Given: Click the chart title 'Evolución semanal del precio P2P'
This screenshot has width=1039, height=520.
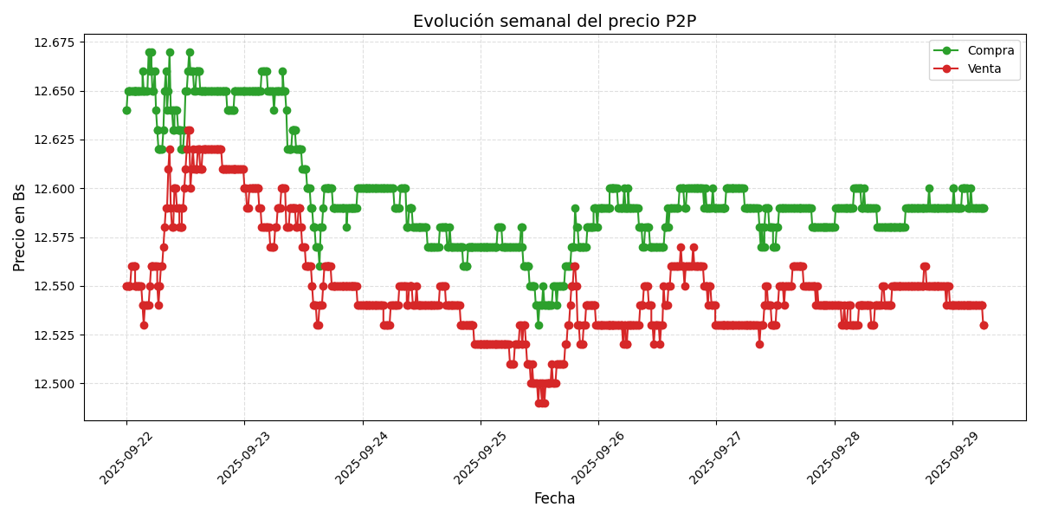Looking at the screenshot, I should pyautogui.click(x=554, y=22).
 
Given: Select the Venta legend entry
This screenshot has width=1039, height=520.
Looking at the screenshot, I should pyautogui.click(x=984, y=69).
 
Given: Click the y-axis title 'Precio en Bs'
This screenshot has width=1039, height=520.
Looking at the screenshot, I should pyautogui.click(x=20, y=227).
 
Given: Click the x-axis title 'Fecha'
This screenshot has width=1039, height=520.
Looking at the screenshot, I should pyautogui.click(x=554, y=499).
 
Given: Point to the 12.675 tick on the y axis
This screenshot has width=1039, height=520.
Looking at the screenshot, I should pyautogui.click(x=54, y=42).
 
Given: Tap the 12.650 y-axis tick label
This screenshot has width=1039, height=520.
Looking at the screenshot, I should pyautogui.click(x=54, y=91).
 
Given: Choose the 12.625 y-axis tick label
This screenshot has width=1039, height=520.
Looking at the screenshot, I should pyautogui.click(x=54, y=140).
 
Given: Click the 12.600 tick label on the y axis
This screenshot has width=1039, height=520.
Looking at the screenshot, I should pyautogui.click(x=54, y=189).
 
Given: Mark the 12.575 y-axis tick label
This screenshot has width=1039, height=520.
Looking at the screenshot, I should pyautogui.click(x=54, y=237).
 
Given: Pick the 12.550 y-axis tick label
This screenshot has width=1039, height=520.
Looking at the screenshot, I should pyautogui.click(x=54, y=286).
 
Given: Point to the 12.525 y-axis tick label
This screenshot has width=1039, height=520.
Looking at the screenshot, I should pyautogui.click(x=54, y=335).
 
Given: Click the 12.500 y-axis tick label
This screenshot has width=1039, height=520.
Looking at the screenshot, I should pyautogui.click(x=54, y=384).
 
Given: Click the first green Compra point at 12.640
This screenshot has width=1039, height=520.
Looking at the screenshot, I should pyautogui.click(x=126, y=110).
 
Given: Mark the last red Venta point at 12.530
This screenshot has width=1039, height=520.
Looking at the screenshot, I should pyautogui.click(x=984, y=325).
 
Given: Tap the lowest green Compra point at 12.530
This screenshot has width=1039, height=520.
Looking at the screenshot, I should pyautogui.click(x=539, y=325).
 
